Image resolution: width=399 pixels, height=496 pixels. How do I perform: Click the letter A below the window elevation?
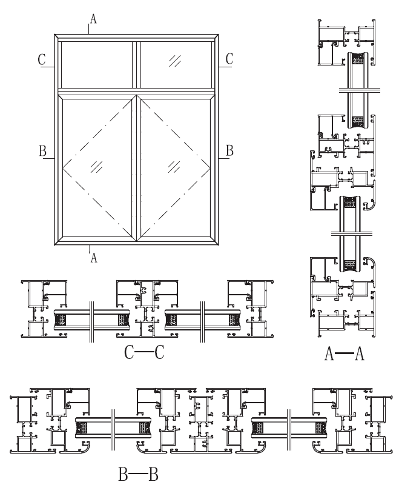pyautogui.click(x=93, y=257)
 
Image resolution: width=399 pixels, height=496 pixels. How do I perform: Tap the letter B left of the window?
pyautogui.click(x=42, y=151)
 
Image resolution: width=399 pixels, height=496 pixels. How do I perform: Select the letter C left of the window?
pyautogui.click(x=41, y=59)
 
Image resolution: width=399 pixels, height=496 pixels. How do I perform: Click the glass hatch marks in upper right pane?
pyautogui.click(x=176, y=59)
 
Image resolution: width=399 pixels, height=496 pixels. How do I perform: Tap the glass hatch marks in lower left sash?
pyautogui.click(x=96, y=166)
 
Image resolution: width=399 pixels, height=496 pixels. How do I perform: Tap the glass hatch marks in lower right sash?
pyautogui.click(x=176, y=165)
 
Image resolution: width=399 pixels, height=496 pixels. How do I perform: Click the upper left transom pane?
pyautogui.click(x=96, y=64)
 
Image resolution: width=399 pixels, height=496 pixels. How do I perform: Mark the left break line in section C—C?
pyautogui.click(x=91, y=320)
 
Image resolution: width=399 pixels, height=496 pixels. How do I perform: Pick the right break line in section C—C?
pyautogui.click(x=202, y=320)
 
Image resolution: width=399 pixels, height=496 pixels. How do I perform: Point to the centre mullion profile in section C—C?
pyautogui.click(x=146, y=310)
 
